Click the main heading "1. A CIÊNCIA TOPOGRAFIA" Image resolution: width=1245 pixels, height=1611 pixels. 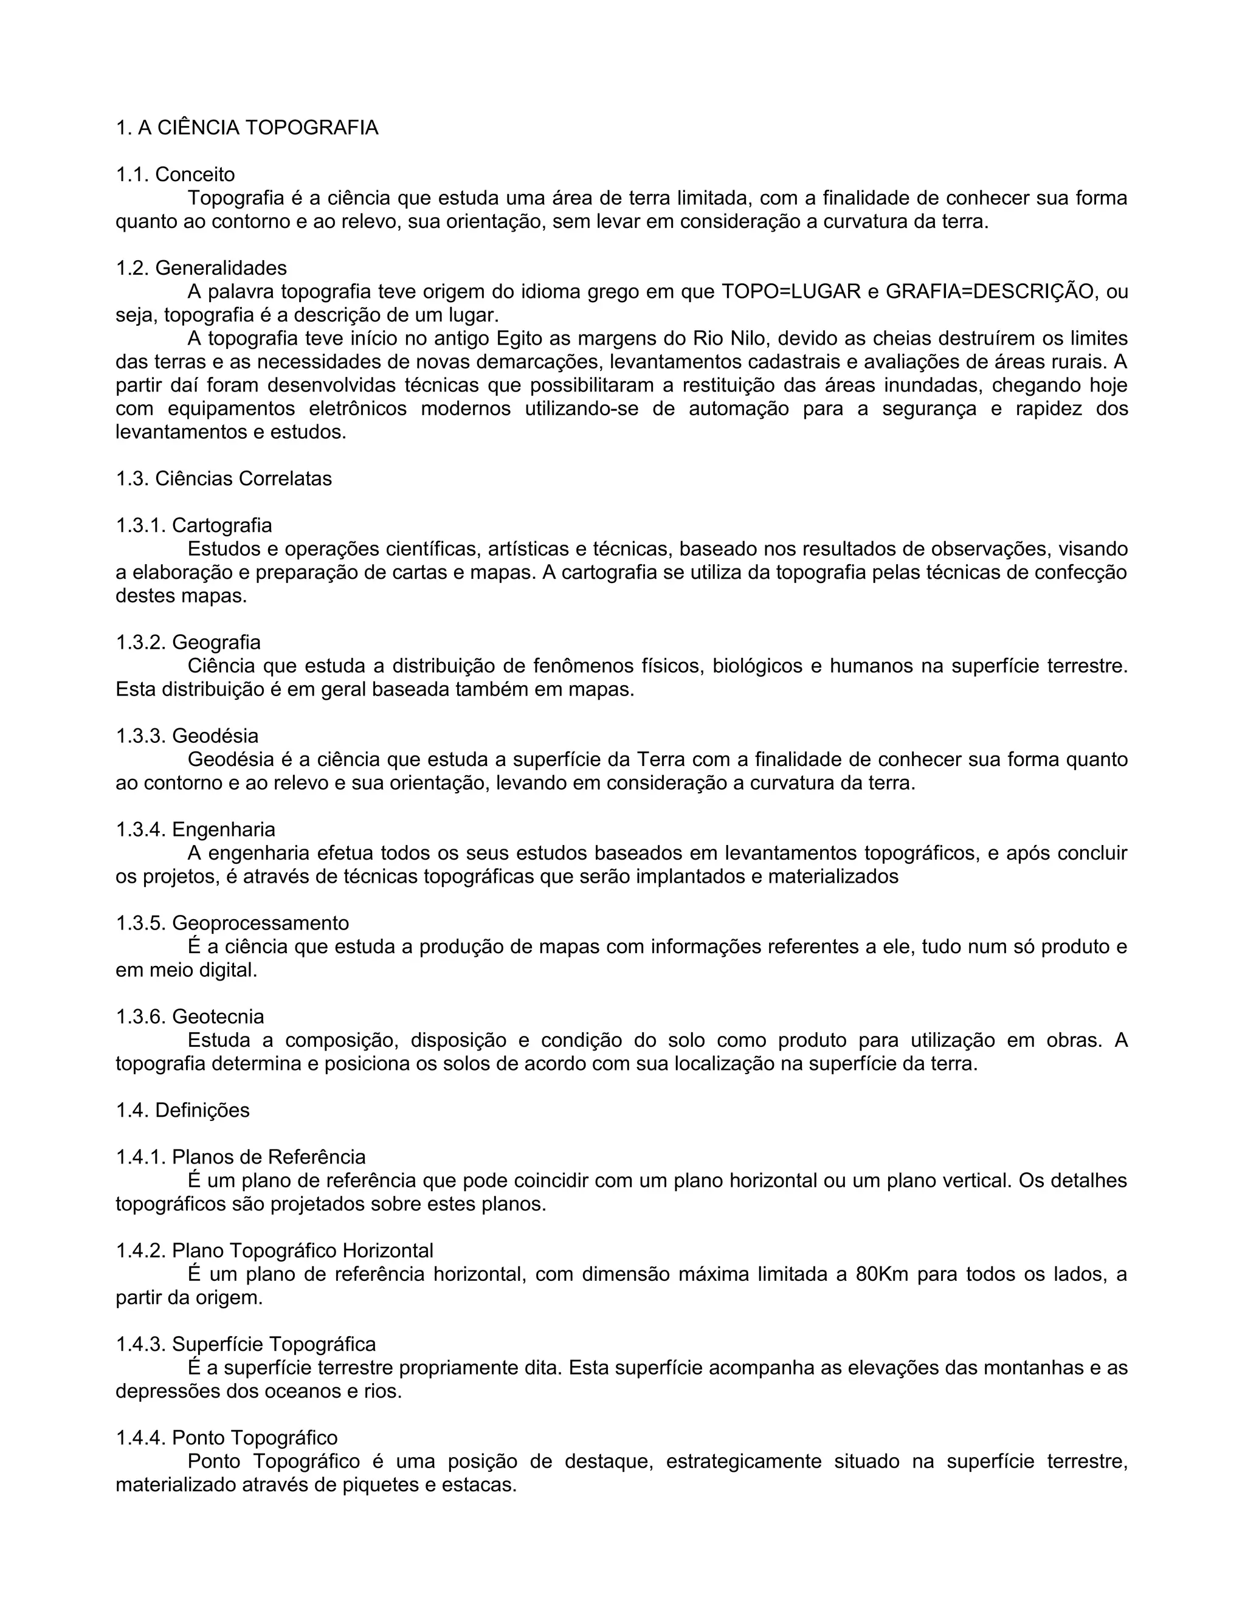pyautogui.click(x=247, y=128)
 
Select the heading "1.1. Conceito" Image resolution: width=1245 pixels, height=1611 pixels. pyautogui.click(x=176, y=175)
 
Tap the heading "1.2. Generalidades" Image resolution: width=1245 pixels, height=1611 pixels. pyautogui.click(x=201, y=267)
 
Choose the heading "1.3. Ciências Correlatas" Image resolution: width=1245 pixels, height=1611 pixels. pyautogui.click(x=224, y=478)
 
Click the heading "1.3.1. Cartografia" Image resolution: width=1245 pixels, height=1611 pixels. pyautogui.click(x=194, y=525)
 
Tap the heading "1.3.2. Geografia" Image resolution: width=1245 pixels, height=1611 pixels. pyautogui.click(x=188, y=643)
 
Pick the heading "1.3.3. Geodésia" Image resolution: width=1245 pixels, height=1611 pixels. pyautogui.click(x=187, y=736)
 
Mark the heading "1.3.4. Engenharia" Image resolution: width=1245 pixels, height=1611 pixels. pyautogui.click(x=196, y=829)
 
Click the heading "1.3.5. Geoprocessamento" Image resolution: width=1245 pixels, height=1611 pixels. pyautogui.click(x=232, y=923)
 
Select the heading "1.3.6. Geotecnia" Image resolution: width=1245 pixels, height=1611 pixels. pyautogui.click(x=190, y=1016)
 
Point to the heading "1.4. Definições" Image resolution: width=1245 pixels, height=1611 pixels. pyautogui.click(x=183, y=1110)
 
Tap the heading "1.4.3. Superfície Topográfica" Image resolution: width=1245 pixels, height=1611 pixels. pyautogui.click(x=246, y=1344)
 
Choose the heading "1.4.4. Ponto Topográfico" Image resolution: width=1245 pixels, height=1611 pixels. pyautogui.click(x=226, y=1438)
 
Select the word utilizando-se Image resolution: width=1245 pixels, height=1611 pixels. pyautogui.click(x=581, y=409)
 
